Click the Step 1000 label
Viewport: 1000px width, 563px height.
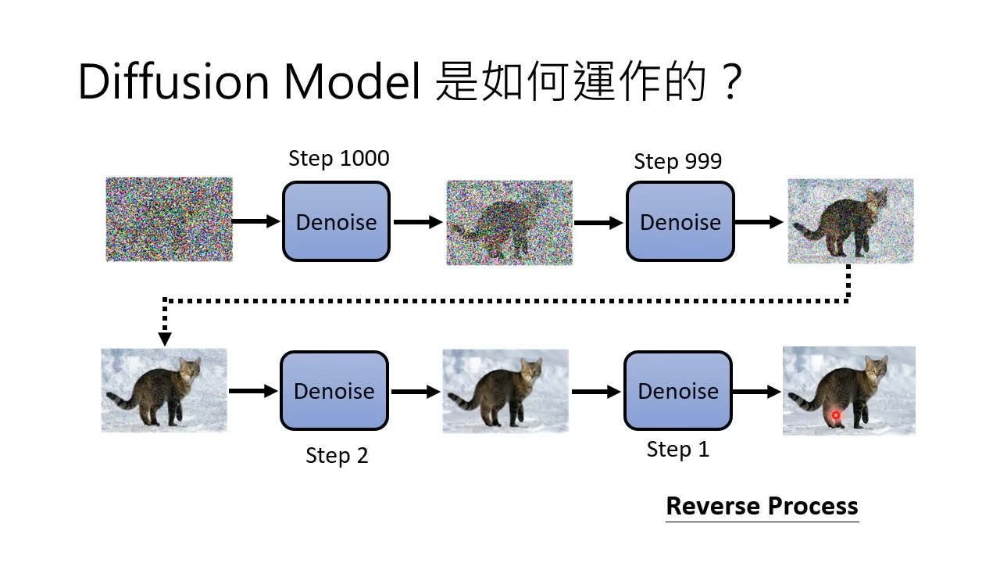coord(339,159)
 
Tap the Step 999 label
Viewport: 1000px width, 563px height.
coord(677,161)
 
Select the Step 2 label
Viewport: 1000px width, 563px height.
coord(337,456)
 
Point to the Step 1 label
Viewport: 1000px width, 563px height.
coord(677,450)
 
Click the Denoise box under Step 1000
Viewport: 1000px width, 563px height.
coord(336,221)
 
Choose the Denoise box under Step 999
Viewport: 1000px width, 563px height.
coord(680,221)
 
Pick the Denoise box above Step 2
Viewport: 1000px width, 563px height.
coord(334,390)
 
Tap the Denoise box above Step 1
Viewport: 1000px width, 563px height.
coord(678,390)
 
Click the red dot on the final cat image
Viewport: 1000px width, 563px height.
coord(836,415)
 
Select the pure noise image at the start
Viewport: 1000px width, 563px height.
coord(170,220)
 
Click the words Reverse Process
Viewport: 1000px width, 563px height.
coord(762,506)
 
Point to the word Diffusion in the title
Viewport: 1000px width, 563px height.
coord(173,82)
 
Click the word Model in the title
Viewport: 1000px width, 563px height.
coord(352,82)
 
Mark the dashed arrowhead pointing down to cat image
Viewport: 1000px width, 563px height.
coord(165,339)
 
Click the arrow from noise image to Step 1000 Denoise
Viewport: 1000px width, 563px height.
coord(255,221)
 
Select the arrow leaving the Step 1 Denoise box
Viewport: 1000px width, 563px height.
coord(757,392)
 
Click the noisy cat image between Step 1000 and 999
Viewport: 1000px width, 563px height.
coord(509,223)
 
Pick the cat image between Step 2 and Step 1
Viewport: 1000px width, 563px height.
coord(505,391)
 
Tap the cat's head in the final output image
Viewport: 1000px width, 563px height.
coord(876,370)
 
